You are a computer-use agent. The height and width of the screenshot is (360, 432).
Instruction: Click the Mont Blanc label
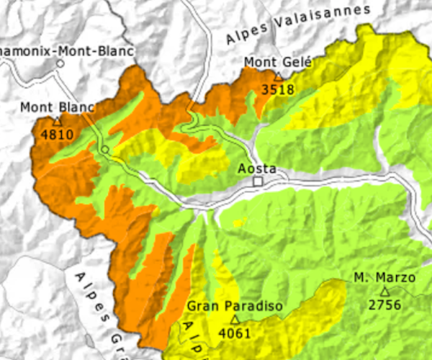point(57,108)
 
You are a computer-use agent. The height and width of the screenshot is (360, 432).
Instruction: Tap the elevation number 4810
point(57,134)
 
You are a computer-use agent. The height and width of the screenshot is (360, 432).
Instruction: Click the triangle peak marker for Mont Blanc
point(57,121)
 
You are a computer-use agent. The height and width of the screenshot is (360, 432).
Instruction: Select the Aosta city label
point(258,168)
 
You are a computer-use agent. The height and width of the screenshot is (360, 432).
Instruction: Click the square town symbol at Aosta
point(258,181)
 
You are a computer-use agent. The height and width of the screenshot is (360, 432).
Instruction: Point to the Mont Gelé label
point(273,62)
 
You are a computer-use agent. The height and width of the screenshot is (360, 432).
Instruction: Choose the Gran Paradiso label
point(233,305)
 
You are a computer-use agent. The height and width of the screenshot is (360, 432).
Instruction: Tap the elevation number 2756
point(384,305)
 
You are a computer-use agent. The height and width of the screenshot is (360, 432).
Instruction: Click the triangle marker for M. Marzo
point(384,291)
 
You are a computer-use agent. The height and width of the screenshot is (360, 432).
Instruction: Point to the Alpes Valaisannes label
point(297,24)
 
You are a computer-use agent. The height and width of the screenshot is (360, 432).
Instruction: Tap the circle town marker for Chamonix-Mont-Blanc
point(60,63)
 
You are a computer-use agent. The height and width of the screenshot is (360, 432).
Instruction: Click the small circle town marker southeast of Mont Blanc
point(105,149)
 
